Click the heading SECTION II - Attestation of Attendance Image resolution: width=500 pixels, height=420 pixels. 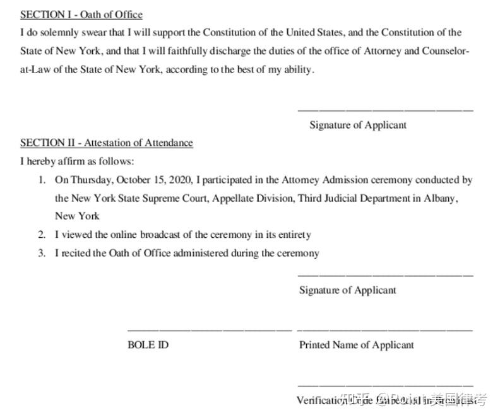click(107, 143)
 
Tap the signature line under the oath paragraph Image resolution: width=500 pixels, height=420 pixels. click(385, 110)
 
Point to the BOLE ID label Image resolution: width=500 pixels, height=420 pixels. click(148, 345)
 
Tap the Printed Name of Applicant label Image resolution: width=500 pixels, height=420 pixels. click(357, 345)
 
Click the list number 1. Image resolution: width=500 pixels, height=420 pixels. click(42, 180)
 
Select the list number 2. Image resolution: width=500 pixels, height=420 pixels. click(42, 235)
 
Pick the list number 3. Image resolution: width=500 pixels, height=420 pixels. click(42, 253)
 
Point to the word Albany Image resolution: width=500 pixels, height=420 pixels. click(439, 198)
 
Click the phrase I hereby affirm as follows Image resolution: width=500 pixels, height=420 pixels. click(77, 161)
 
